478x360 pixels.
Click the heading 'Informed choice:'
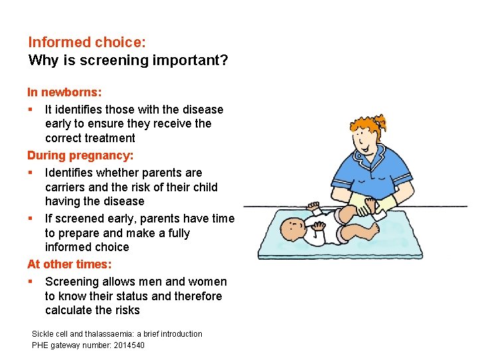coord(86,42)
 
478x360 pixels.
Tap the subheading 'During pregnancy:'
coord(80,155)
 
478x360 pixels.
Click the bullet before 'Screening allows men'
coord(31,282)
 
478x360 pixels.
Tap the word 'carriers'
coord(66,187)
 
